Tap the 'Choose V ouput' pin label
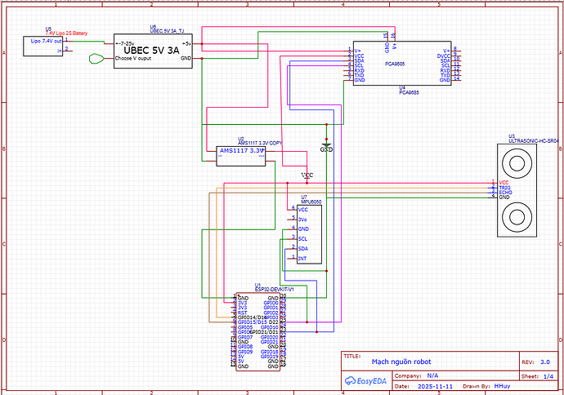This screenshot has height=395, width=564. [x=134, y=59]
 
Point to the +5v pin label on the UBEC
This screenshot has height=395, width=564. [x=186, y=43]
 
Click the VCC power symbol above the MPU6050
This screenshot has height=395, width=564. [x=307, y=175]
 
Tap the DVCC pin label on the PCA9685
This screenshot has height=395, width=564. [x=444, y=55]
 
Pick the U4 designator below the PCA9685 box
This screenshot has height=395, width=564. [x=402, y=87]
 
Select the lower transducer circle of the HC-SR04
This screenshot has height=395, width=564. [x=517, y=216]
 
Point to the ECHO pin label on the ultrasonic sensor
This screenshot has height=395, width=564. [x=505, y=193]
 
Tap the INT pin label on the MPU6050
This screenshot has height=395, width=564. [x=302, y=258]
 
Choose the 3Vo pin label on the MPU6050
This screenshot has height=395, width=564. [x=303, y=219]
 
